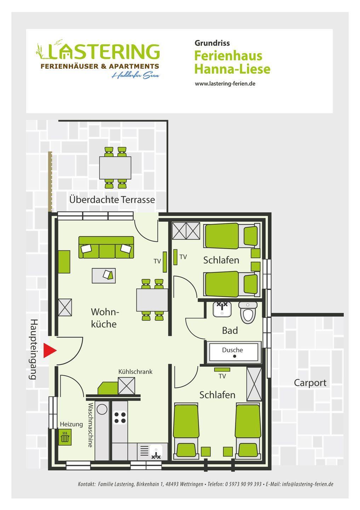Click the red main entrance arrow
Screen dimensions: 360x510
point(50,350)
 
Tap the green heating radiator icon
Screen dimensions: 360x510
point(65,437)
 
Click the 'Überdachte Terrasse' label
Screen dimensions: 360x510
point(112,200)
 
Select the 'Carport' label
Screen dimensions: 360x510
point(310,383)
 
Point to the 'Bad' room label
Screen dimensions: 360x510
point(230,330)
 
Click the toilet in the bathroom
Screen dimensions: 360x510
point(248,313)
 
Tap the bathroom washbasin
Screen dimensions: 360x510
point(222,309)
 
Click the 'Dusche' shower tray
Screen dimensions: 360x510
point(234,352)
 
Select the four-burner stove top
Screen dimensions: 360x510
point(120,418)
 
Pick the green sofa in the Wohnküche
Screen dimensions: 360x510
point(106,247)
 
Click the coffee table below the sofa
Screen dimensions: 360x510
point(103,276)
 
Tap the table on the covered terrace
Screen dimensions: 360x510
point(115,168)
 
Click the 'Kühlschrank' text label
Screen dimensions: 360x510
point(135,372)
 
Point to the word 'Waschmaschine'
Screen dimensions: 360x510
point(90,425)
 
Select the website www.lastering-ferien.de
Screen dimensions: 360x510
point(225,84)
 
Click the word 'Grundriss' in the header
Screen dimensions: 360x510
point(212,43)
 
